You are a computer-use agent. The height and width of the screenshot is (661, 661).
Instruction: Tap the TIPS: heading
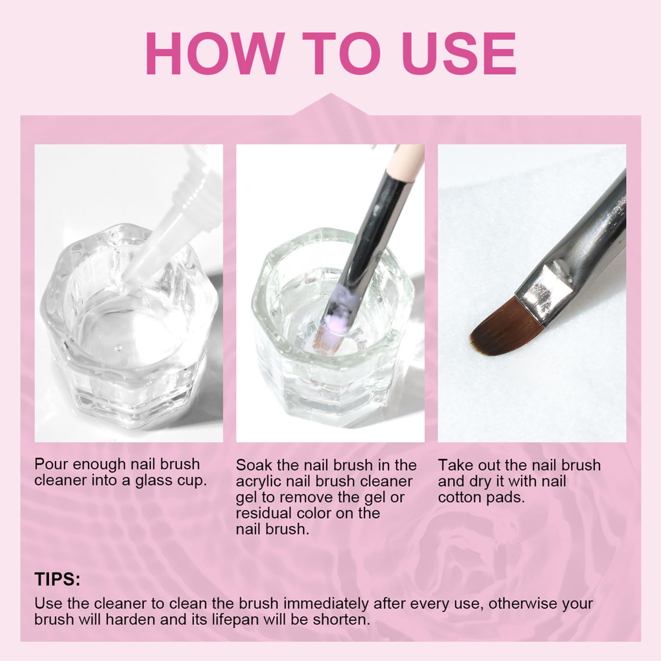(x=57, y=579)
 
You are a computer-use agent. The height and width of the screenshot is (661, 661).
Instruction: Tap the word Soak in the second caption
(x=254, y=465)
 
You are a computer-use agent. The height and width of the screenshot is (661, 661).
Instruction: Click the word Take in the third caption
(x=455, y=465)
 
